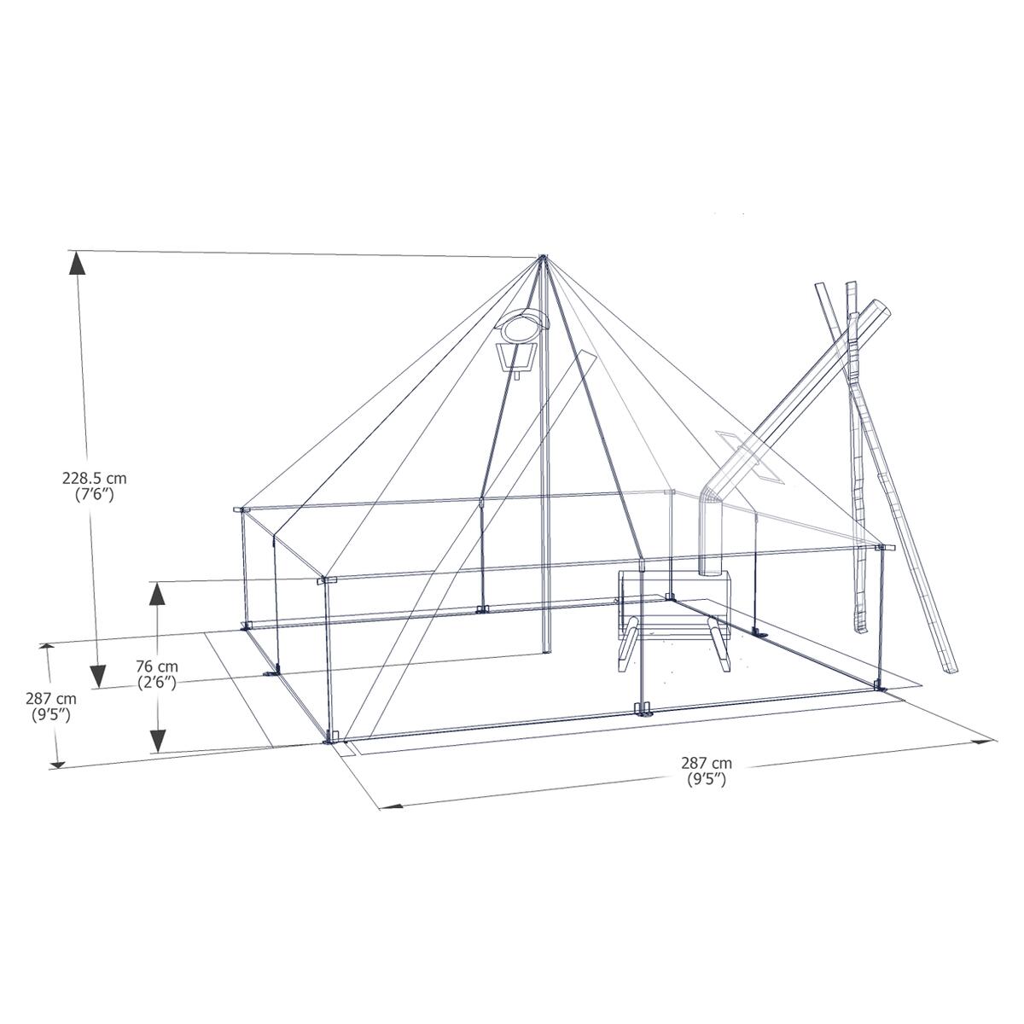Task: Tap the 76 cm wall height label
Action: tap(157, 666)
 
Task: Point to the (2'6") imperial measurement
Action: tap(157, 682)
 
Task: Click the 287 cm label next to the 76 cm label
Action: tap(49, 699)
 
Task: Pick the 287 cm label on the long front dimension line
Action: tap(707, 763)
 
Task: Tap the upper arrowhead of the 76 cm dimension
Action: tap(158, 592)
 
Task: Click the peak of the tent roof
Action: tap(542, 257)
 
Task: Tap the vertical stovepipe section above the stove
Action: tap(710, 538)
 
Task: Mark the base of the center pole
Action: tap(546, 651)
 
